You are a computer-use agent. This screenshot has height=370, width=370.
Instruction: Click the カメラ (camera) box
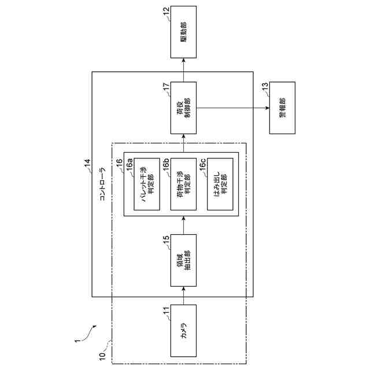[x=183, y=331]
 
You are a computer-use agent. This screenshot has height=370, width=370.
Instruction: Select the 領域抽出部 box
[x=183, y=260]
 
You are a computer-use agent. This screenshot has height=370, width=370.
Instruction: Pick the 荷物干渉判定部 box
[x=184, y=185]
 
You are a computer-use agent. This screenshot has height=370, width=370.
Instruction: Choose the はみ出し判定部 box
[x=220, y=185]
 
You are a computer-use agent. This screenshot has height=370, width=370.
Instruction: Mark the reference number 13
[x=265, y=87]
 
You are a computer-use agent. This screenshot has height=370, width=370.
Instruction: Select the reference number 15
[x=166, y=239]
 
